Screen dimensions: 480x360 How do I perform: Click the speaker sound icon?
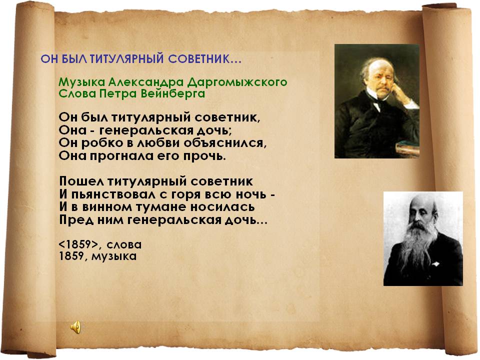pos(76,327)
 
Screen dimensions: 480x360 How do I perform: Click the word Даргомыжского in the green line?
pos(237,82)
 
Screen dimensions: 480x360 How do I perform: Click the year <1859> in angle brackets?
pos(79,244)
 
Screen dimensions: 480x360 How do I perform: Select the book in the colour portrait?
pos(407,149)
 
